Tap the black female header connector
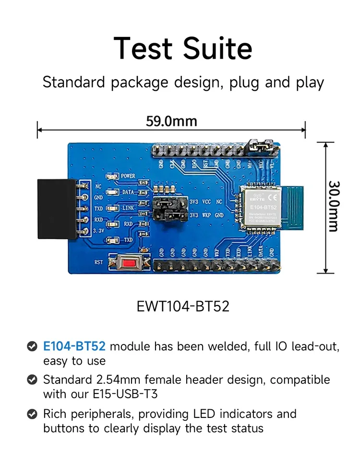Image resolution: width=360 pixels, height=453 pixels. pyautogui.click(x=57, y=209)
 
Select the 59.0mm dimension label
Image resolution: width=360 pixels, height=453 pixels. pyautogui.click(x=171, y=121)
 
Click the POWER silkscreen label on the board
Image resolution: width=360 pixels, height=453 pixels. pyautogui.click(x=128, y=176)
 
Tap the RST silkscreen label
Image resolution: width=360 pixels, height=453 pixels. pyautogui.click(x=98, y=262)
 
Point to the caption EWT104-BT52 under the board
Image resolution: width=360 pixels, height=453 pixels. pyautogui.click(x=183, y=306)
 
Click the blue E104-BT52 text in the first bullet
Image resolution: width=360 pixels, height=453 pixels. pyautogui.click(x=74, y=346)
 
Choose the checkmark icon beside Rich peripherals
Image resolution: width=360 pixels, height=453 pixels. pyautogui.click(x=32, y=414)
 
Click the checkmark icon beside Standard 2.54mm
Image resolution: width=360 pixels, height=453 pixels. pyautogui.click(x=32, y=380)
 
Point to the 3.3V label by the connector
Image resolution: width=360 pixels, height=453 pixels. pyautogui.click(x=98, y=231)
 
